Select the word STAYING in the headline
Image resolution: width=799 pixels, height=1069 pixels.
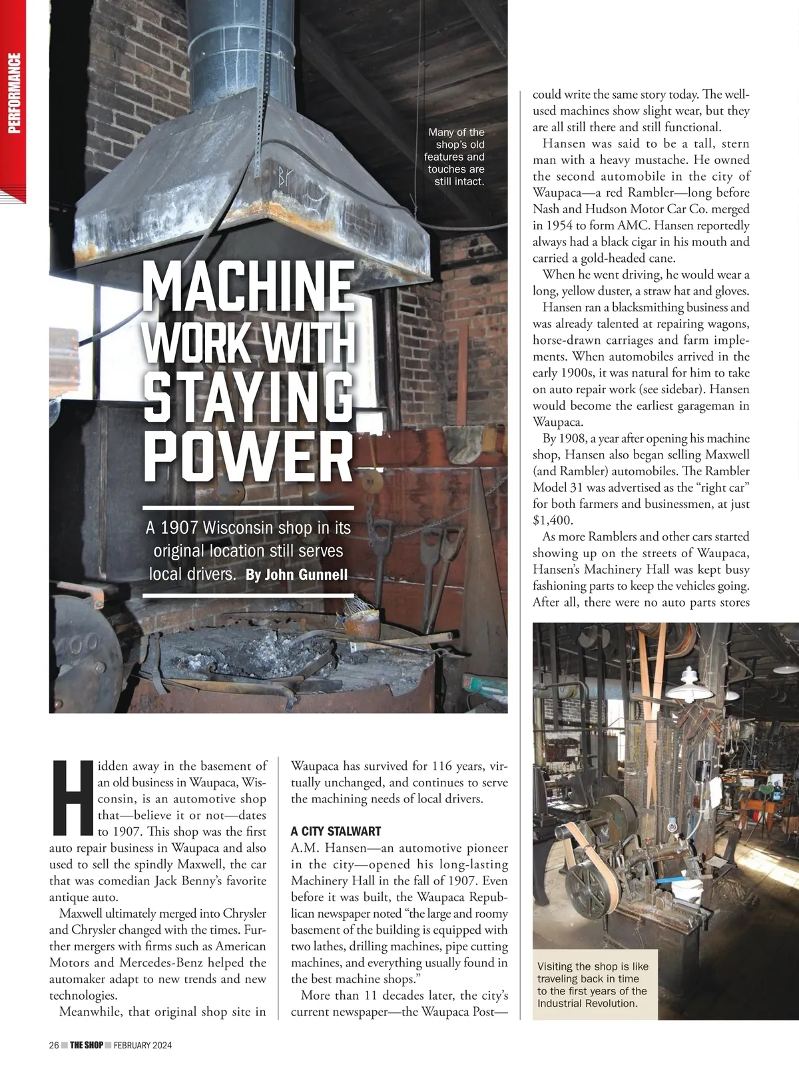tap(248, 399)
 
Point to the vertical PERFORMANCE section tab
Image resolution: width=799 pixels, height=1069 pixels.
tap(14, 93)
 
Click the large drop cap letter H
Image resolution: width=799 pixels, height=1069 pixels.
tap(71, 797)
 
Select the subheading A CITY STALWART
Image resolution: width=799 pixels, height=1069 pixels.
tap(336, 831)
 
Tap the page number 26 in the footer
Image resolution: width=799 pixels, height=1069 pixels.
tap(54, 1045)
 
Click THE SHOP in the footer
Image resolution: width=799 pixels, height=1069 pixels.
tap(87, 1045)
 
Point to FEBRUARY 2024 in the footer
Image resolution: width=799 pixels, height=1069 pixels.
tap(142, 1045)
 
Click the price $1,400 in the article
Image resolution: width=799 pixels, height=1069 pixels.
tap(553, 520)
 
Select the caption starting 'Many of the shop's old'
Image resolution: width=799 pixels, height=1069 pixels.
tap(456, 157)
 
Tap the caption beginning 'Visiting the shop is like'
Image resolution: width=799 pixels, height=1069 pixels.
tap(593, 984)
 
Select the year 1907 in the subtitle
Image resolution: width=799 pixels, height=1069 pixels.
tap(180, 528)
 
